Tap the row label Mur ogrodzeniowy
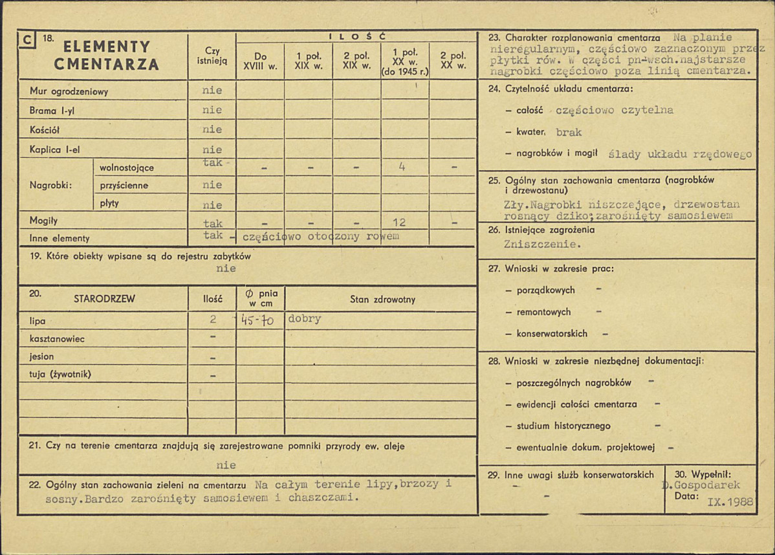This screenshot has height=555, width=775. click(x=69, y=92)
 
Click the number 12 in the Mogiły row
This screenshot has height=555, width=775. click(x=399, y=223)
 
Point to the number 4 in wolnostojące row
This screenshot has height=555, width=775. click(x=402, y=167)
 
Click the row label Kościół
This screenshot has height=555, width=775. click(x=45, y=130)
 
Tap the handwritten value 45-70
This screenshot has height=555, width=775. click(x=257, y=320)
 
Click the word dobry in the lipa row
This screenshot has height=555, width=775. click(x=305, y=319)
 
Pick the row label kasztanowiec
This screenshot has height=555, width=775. click(x=57, y=339)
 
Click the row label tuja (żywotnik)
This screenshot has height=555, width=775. click(x=60, y=375)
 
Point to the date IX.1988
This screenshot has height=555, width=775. click(x=730, y=501)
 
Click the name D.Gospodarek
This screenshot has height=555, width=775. click(x=701, y=485)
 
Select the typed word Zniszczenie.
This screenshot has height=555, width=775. click(x=542, y=245)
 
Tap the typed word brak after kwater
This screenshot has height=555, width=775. click(x=569, y=132)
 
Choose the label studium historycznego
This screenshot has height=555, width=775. click(x=563, y=426)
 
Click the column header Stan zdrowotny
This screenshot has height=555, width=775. click(x=382, y=299)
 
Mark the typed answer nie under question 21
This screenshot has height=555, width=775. click(x=226, y=464)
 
